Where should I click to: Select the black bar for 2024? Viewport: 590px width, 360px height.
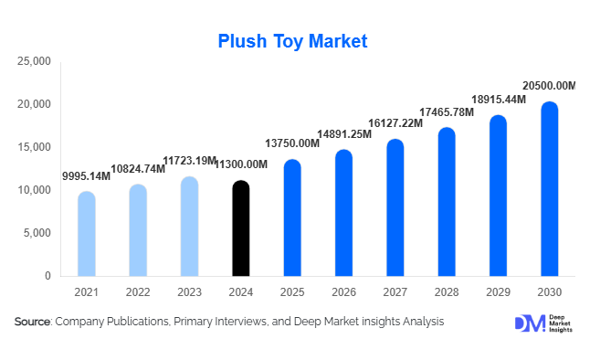pyautogui.click(x=240, y=228)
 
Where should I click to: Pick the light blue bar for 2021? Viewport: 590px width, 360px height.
pyautogui.click(x=86, y=234)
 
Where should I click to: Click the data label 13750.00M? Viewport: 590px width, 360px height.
pyautogui.click(x=292, y=143)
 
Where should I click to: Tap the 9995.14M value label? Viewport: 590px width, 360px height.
pyautogui.click(x=86, y=175)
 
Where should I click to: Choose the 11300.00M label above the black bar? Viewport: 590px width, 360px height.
pyautogui.click(x=240, y=164)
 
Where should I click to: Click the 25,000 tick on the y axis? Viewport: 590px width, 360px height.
pyautogui.click(x=35, y=61)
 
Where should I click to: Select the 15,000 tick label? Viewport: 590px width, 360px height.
pyautogui.click(x=35, y=147)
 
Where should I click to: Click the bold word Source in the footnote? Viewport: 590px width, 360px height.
pyautogui.click(x=33, y=323)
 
